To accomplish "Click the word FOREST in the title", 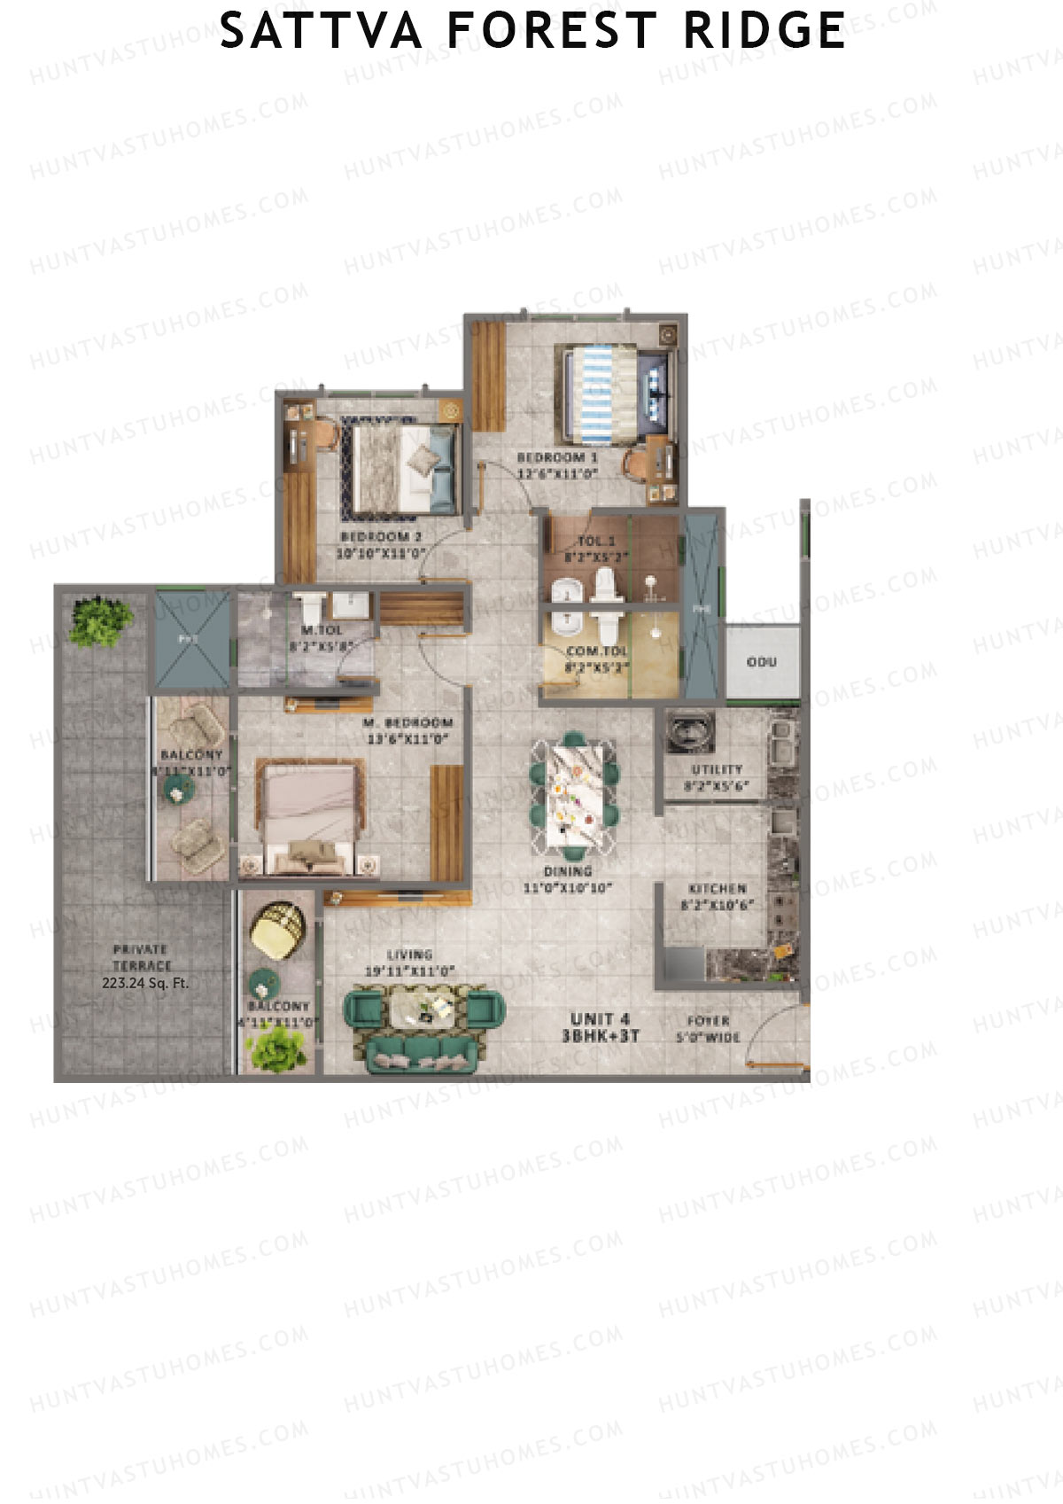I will (551, 31).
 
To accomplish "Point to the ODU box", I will (762, 662).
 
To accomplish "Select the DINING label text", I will (568, 872).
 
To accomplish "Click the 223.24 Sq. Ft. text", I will (145, 983).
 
